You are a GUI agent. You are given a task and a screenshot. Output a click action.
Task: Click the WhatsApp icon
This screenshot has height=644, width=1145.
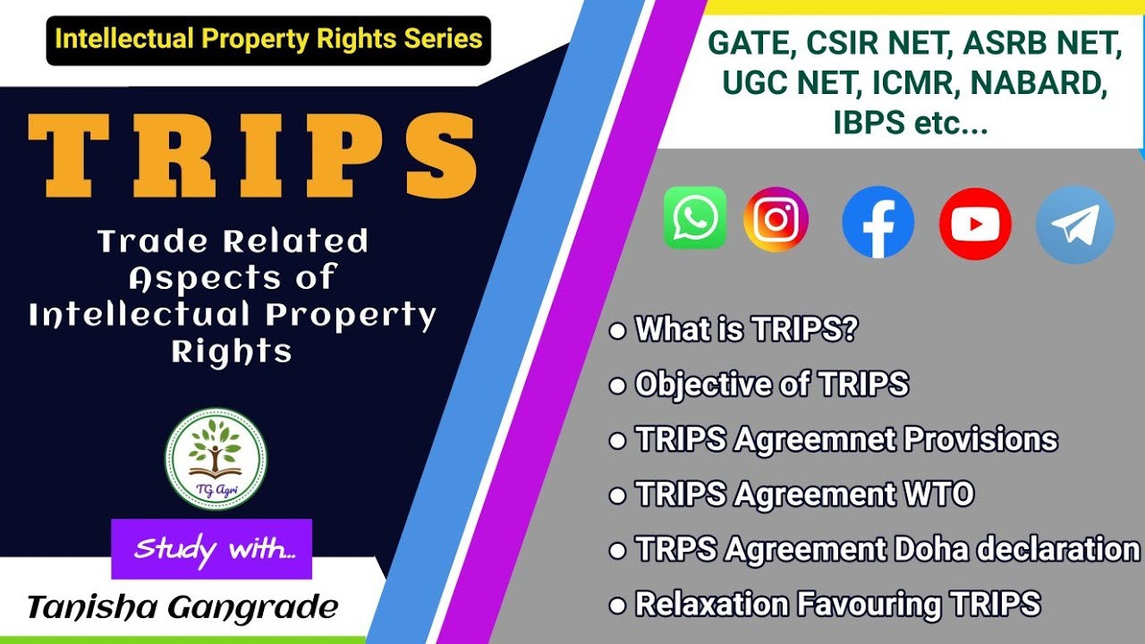(x=695, y=218)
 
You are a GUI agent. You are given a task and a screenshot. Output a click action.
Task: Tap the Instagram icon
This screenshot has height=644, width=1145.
(x=776, y=219)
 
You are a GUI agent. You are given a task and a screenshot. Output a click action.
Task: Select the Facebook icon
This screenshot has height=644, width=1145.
(x=878, y=223)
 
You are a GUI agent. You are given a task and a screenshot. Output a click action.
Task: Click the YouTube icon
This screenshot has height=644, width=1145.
(x=975, y=225)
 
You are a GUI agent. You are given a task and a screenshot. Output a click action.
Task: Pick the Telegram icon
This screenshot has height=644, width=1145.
(x=1074, y=225)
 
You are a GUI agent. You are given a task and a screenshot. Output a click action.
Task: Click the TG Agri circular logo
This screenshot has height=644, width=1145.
(x=216, y=459)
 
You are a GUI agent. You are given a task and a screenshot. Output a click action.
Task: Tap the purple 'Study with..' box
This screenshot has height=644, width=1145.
(x=211, y=548)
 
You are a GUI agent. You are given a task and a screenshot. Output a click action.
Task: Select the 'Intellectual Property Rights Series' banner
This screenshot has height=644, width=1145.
(x=268, y=39)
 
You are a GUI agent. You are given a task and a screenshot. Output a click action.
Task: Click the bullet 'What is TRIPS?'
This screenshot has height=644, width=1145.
(x=745, y=329)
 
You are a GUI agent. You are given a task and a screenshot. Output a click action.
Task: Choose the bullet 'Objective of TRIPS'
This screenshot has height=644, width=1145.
(x=771, y=385)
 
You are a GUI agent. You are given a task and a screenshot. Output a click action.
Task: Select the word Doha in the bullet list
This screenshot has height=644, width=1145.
(x=933, y=548)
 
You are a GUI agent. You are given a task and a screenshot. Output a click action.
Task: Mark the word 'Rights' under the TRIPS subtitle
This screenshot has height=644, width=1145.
(x=232, y=352)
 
